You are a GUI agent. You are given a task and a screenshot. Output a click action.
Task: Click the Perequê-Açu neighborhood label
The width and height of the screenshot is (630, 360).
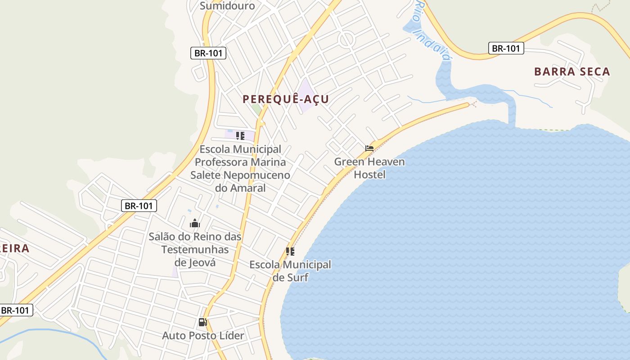286,99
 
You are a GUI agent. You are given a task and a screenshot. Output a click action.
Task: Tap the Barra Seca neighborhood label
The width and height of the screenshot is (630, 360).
572,72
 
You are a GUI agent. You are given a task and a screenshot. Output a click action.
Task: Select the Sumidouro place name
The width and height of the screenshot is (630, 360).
227,5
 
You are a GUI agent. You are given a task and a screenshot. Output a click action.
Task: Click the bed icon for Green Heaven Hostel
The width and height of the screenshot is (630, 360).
369,148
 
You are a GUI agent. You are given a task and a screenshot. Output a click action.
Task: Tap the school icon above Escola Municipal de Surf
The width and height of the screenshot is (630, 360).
290,252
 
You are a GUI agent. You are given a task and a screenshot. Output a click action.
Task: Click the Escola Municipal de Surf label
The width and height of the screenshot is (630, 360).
290,271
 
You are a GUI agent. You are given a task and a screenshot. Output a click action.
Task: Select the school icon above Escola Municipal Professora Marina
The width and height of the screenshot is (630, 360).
240,135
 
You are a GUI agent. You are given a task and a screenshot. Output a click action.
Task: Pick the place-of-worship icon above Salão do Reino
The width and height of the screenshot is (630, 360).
194,223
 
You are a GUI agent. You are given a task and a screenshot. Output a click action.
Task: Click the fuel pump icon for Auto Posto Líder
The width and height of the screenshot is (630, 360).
202,322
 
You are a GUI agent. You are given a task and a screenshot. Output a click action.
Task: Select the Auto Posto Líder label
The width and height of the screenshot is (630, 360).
203,336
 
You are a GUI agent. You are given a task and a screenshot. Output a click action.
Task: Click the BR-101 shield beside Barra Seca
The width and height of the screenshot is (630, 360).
506,48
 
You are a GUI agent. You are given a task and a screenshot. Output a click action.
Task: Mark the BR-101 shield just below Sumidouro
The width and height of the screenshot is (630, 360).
208,53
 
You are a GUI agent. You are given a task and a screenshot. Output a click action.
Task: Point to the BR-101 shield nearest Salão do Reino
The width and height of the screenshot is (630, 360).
139,206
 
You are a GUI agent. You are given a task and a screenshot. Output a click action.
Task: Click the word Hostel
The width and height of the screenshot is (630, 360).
369,174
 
